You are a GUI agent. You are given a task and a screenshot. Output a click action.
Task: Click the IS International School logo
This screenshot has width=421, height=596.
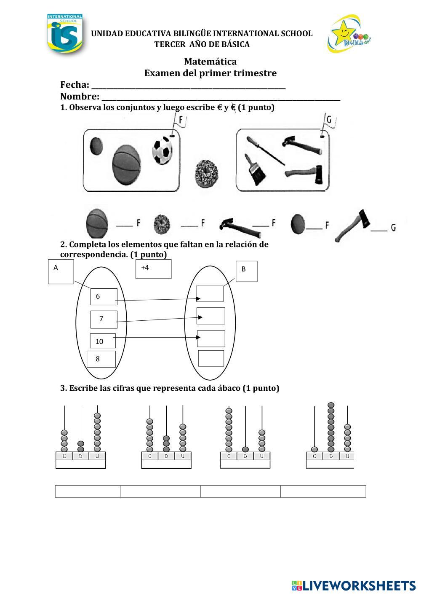pos(64,34)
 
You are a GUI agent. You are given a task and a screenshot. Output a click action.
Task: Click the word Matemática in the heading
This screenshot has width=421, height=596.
pos(210,62)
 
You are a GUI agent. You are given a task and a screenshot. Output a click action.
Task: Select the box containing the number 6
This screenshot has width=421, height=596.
pos(104,296)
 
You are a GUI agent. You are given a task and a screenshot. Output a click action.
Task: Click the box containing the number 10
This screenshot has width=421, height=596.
pos(103,341)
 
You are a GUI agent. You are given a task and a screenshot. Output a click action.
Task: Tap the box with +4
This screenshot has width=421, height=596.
pos(153,269)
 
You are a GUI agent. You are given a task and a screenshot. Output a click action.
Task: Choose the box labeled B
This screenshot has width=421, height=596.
pos(246,271)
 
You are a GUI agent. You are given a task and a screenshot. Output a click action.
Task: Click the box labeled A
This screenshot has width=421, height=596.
pos(61,271)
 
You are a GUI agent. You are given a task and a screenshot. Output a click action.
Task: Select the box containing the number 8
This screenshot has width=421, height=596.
pos(101,359)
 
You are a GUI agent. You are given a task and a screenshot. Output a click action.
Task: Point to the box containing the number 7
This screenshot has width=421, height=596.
pos(104,319)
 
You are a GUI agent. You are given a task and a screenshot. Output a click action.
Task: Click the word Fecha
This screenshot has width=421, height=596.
pos(75,84)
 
